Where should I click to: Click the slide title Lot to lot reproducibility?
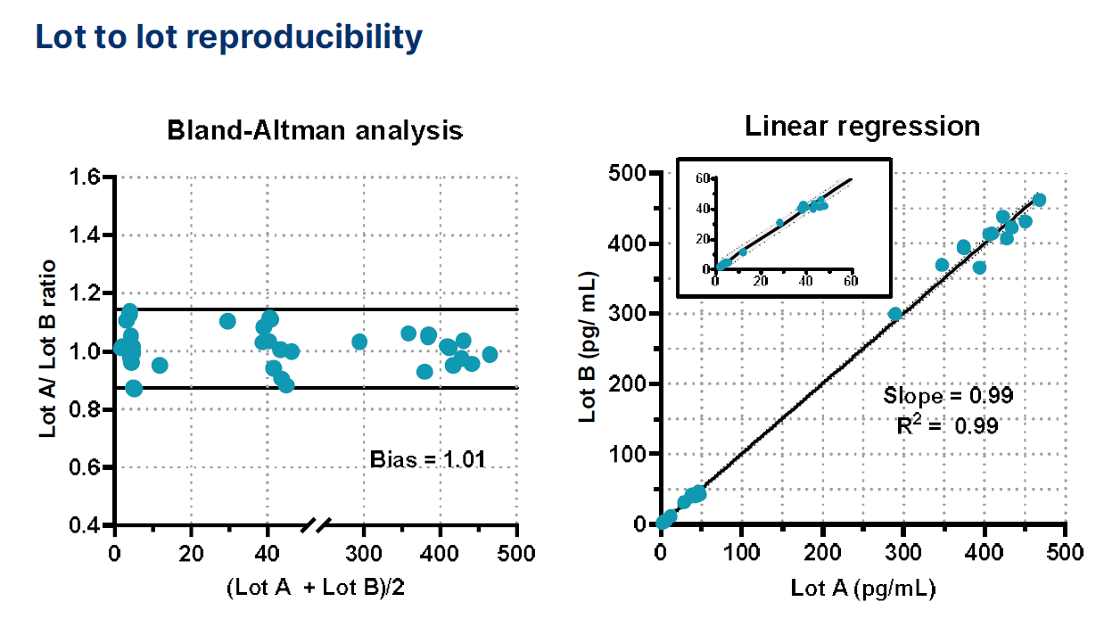pyautogui.click(x=227, y=37)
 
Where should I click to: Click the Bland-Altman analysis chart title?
pyautogui.click(x=315, y=131)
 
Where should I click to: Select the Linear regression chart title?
pyautogui.click(x=861, y=127)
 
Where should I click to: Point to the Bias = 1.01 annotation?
pyautogui.click(x=427, y=460)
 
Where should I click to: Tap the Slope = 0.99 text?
pyautogui.click(x=948, y=395)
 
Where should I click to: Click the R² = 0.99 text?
pyautogui.click(x=946, y=425)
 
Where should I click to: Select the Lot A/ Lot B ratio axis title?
pyautogui.click(x=47, y=349)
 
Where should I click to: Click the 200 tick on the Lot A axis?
pyautogui.click(x=822, y=552)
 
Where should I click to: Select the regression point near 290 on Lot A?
pyautogui.click(x=895, y=314)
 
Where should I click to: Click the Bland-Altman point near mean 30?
pyautogui.click(x=227, y=321)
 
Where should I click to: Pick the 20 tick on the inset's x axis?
pyautogui.click(x=761, y=281)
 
